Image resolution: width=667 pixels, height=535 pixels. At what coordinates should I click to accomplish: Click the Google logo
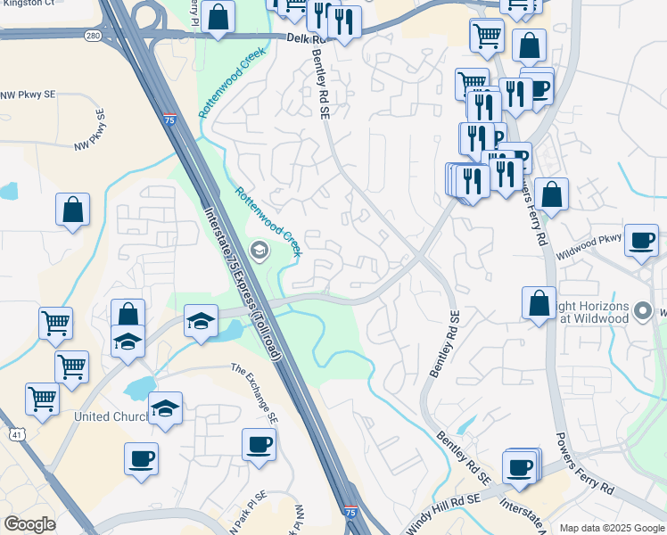point(29,524)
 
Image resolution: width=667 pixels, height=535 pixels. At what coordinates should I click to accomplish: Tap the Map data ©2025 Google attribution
point(612,528)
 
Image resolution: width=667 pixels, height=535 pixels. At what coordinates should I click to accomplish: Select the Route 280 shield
point(92,36)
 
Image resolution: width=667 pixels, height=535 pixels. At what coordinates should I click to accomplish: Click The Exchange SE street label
point(255,382)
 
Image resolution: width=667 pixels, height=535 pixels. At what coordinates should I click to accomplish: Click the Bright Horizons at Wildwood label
point(591,312)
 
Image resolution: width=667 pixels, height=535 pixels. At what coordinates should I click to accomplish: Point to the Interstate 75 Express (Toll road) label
point(243,285)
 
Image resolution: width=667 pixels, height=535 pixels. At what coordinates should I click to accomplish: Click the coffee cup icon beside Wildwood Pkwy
point(641,241)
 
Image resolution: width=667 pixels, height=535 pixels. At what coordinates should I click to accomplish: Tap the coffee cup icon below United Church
point(141,459)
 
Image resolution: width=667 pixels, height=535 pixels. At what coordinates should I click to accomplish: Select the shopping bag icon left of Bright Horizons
point(539,302)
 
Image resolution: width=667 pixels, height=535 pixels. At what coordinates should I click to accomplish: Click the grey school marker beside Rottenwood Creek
point(260,249)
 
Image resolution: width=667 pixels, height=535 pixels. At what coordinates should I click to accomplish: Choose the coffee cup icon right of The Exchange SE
point(259,444)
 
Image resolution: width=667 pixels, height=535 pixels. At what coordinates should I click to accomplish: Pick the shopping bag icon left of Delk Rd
point(218,16)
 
